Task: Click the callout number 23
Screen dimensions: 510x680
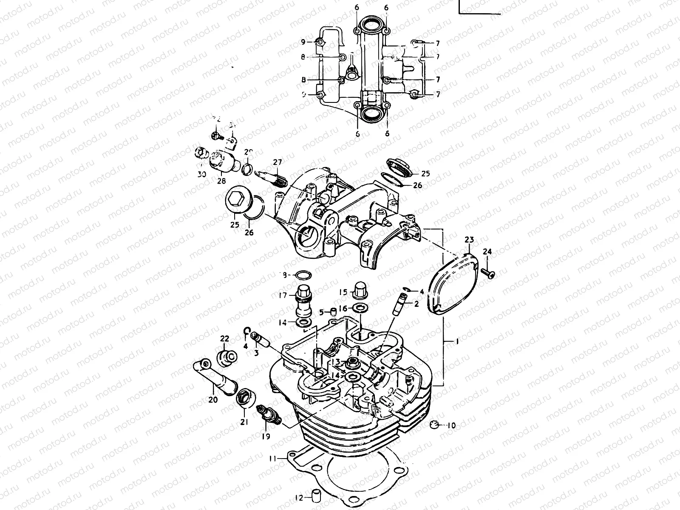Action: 469,240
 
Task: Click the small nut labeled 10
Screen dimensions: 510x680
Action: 433,424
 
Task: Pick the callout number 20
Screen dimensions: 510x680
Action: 213,399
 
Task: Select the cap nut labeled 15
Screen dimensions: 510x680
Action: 359,290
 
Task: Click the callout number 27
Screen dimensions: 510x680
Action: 278,162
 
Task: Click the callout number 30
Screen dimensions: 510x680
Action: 202,174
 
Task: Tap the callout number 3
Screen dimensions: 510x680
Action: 256,353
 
